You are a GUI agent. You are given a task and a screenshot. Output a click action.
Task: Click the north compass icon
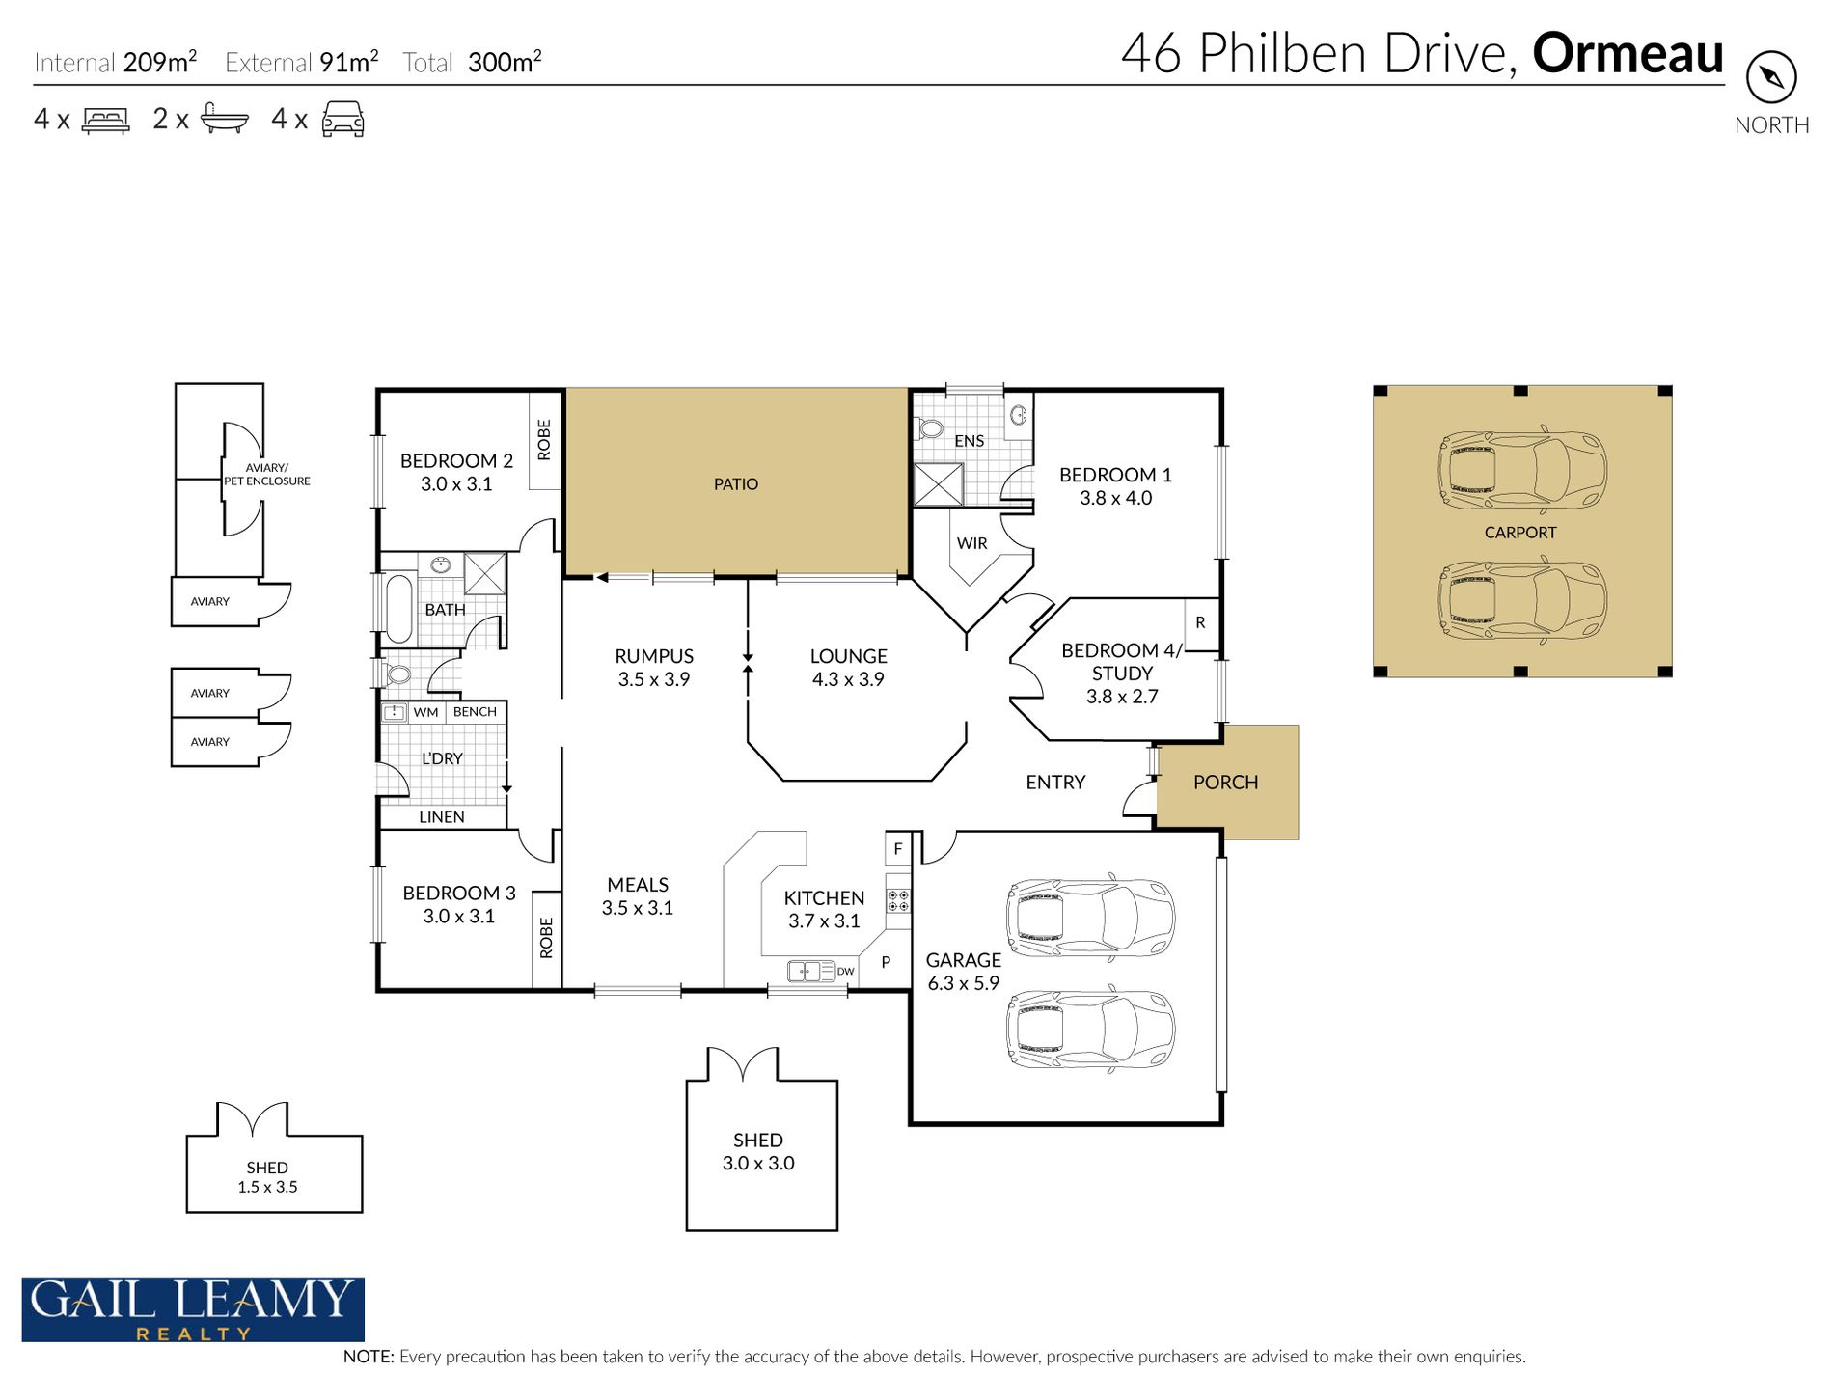[x=1771, y=77]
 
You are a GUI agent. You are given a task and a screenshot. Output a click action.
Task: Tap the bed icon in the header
[x=106, y=120]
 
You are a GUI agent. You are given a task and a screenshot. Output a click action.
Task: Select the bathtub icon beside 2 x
[x=225, y=119]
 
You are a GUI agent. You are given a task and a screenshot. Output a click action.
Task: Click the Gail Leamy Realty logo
[x=193, y=1309]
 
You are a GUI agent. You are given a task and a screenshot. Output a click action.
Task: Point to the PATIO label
[x=736, y=484]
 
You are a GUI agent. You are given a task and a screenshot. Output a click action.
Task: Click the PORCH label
[x=1225, y=783]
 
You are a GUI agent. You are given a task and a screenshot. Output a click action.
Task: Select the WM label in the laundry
[x=425, y=712]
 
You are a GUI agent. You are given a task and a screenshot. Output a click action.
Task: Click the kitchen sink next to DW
[x=811, y=971]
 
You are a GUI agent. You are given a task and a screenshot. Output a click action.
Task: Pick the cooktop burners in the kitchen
[x=898, y=901]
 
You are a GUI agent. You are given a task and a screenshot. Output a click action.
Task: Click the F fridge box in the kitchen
[x=898, y=849]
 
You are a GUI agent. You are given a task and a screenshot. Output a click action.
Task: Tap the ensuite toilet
[x=928, y=428]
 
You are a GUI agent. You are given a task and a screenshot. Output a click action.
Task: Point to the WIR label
[x=971, y=543]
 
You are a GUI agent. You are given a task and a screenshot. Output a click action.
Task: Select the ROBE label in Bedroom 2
[x=544, y=439]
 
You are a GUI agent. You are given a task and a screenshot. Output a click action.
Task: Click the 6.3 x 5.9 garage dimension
[x=963, y=983]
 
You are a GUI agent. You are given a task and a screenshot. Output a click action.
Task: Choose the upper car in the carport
[x=1522, y=471]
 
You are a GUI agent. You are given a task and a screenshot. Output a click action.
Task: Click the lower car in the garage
[x=1090, y=1029]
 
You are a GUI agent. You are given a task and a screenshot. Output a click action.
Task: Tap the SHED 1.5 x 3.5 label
[x=267, y=1177]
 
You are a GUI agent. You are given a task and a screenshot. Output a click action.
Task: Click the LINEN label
[x=442, y=817]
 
